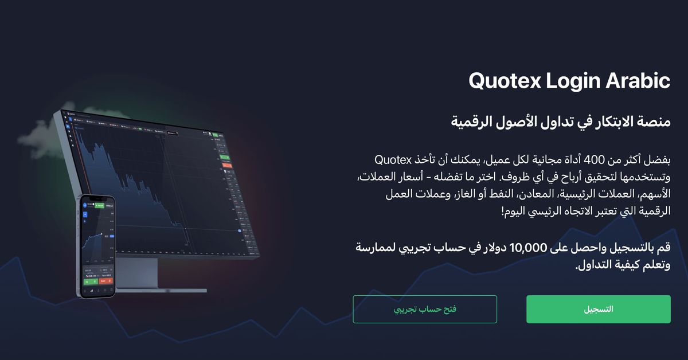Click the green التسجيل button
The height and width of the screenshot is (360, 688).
coord(598,309)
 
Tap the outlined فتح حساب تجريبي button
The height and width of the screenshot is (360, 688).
coord(424,309)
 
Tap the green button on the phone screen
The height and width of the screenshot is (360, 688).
coord(90,281)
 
